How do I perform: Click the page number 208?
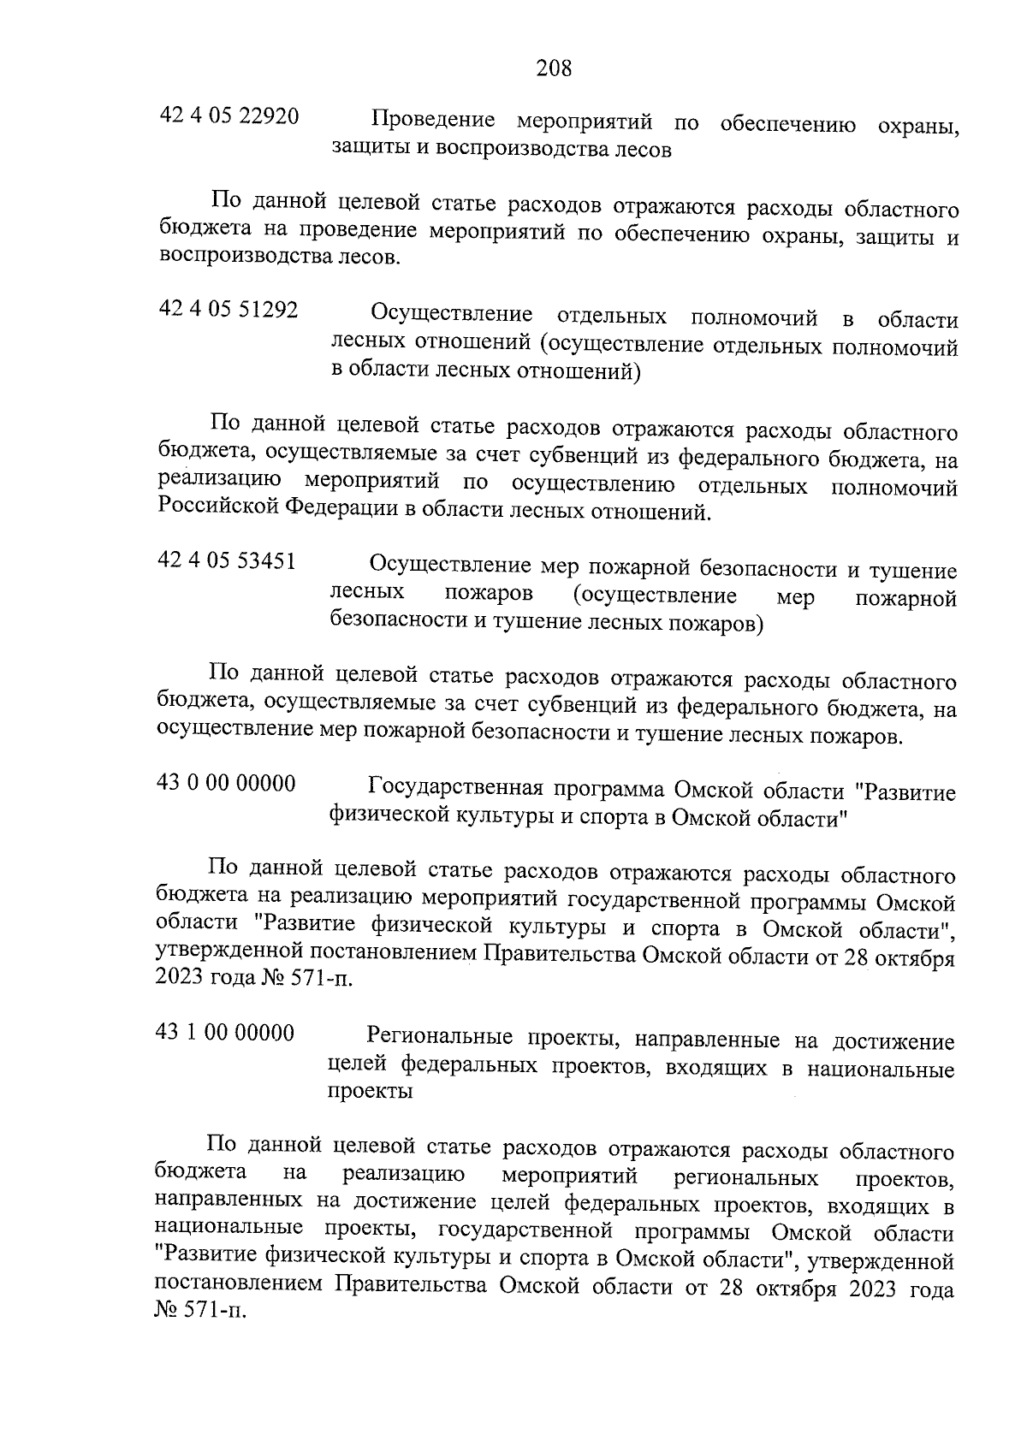pos(554,68)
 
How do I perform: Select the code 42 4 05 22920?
pos(229,116)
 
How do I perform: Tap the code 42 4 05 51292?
pos(229,310)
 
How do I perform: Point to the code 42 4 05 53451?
pos(228,561)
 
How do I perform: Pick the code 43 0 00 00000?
pos(227,783)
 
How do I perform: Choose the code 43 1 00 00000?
pos(225,1033)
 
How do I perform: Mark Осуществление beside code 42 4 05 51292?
pos(453,314)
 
